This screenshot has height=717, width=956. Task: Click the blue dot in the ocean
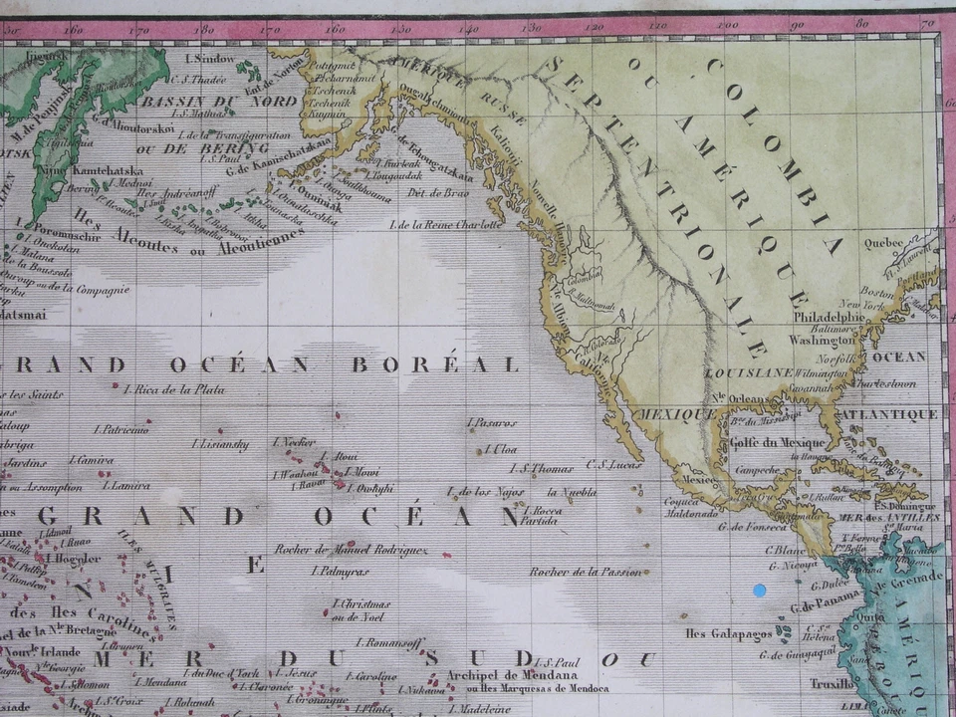click(x=760, y=591)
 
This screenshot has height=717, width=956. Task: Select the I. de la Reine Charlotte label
click(x=446, y=225)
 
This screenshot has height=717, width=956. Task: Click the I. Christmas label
click(x=361, y=604)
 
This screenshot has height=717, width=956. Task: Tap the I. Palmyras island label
click(x=341, y=572)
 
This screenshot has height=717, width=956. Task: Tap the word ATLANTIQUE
click(x=886, y=414)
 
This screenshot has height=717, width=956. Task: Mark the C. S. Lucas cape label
click(x=607, y=462)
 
